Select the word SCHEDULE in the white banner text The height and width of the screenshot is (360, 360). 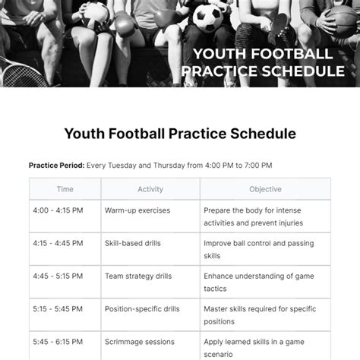301,71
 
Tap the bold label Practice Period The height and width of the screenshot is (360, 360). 56,165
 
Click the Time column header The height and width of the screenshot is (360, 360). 65,189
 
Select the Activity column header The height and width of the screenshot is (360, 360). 150,189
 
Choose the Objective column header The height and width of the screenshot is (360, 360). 265,189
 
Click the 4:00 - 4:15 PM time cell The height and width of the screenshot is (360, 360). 58,210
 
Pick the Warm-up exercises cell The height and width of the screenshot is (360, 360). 137,210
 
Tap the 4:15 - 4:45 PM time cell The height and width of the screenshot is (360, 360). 58,245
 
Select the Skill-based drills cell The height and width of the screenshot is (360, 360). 134,245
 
